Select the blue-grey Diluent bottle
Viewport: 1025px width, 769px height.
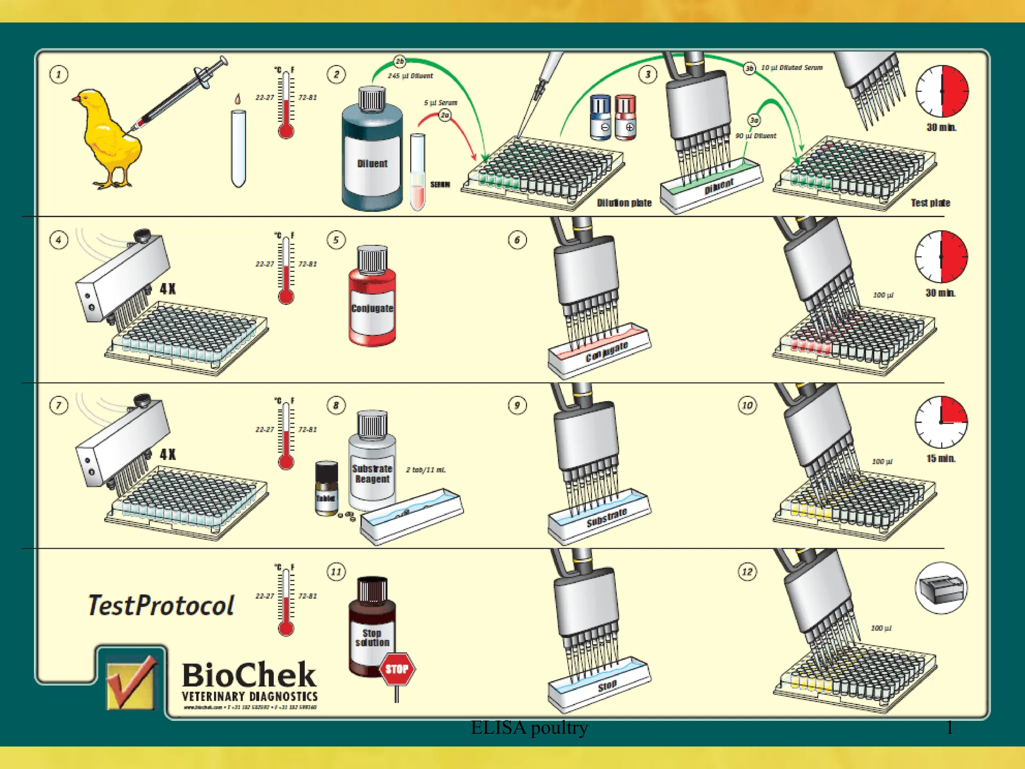pyautogui.click(x=372, y=150)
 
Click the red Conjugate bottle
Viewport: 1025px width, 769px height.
pyautogui.click(x=372, y=298)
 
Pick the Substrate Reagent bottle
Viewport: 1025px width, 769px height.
pyautogui.click(x=372, y=461)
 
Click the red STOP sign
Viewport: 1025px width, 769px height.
pyautogui.click(x=397, y=669)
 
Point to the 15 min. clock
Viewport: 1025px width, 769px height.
pyautogui.click(x=941, y=422)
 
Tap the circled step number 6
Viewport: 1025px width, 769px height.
pyautogui.click(x=517, y=240)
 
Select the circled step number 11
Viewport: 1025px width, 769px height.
pyautogui.click(x=336, y=572)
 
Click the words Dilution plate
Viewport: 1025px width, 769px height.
pyautogui.click(x=624, y=203)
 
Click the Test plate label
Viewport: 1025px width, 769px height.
pyautogui.click(x=930, y=203)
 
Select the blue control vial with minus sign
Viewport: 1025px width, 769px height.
pyautogui.click(x=600, y=117)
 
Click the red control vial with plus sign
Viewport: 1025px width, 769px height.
pyautogui.click(x=625, y=117)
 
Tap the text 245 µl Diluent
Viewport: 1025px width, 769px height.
pyautogui.click(x=410, y=76)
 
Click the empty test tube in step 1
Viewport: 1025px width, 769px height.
pyautogui.click(x=239, y=148)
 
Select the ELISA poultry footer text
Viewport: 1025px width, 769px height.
pyautogui.click(x=529, y=727)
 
